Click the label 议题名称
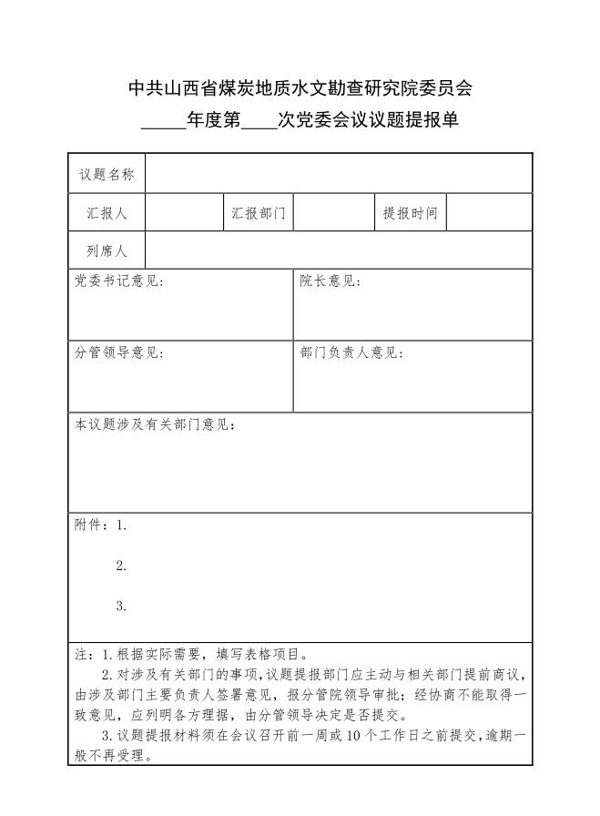(x=107, y=174)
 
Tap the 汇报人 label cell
(x=107, y=213)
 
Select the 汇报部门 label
(x=259, y=213)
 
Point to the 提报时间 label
(x=411, y=213)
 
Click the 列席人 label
(x=107, y=251)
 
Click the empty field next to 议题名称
(x=339, y=174)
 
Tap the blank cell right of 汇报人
(x=184, y=213)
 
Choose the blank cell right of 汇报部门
(x=334, y=213)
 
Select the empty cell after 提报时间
(x=490, y=213)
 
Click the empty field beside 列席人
(x=339, y=251)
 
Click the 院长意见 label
(x=330, y=282)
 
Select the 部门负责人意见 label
(x=351, y=353)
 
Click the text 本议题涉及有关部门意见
(x=156, y=424)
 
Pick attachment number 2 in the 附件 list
(x=121, y=566)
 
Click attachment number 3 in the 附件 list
(x=121, y=606)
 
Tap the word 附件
(x=89, y=525)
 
